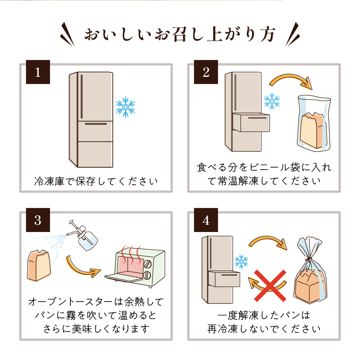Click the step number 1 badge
[38, 72]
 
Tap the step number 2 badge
[206, 72]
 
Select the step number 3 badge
[38, 220]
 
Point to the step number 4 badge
[206, 220]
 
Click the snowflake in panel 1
[125, 107]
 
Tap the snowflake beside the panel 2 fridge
[272, 102]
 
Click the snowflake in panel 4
[241, 262]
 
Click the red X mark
[271, 285]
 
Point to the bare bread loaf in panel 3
[38, 265]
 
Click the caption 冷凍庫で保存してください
[96, 182]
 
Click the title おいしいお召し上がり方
[180, 35]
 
